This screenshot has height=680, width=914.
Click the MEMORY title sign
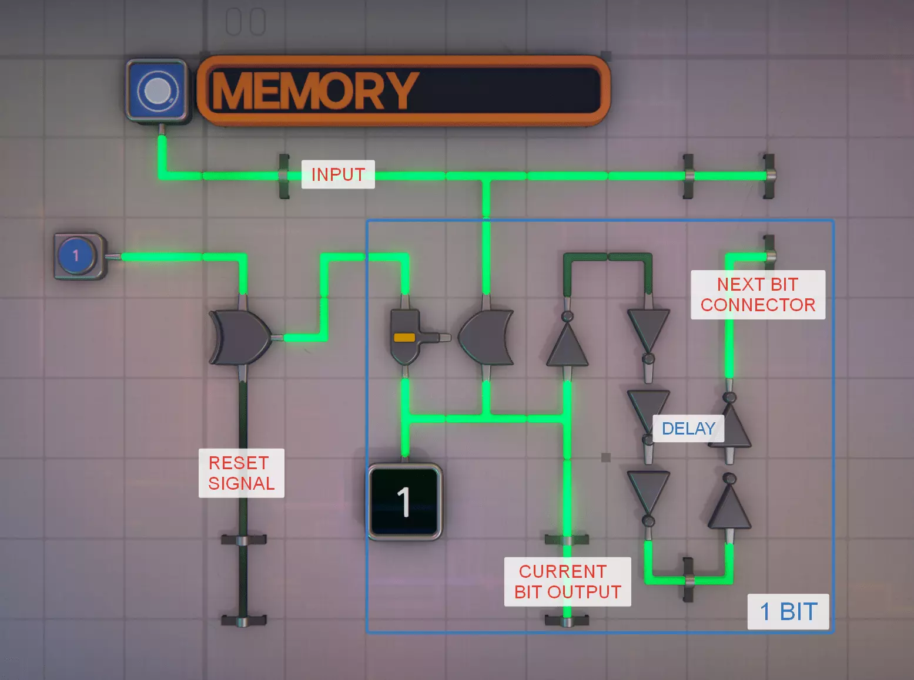[403, 90]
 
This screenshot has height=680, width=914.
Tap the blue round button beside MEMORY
[157, 90]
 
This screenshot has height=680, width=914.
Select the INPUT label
[338, 174]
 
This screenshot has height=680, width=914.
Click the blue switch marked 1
[77, 256]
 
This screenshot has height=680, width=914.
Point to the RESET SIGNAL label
[241, 473]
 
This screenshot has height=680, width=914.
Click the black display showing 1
[404, 501]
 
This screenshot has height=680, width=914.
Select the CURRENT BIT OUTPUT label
[567, 581]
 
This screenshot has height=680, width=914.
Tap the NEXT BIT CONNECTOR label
[758, 294]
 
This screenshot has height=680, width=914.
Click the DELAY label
[688, 428]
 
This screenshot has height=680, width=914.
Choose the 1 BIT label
[788, 611]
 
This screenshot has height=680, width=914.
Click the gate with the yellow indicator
[406, 337]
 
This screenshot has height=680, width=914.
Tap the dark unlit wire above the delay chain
[608, 257]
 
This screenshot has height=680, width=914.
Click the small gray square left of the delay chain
[606, 457]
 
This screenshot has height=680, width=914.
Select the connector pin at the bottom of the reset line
[243, 620]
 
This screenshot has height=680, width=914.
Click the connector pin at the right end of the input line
[769, 175]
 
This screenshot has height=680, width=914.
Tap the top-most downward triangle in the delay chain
[648, 329]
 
